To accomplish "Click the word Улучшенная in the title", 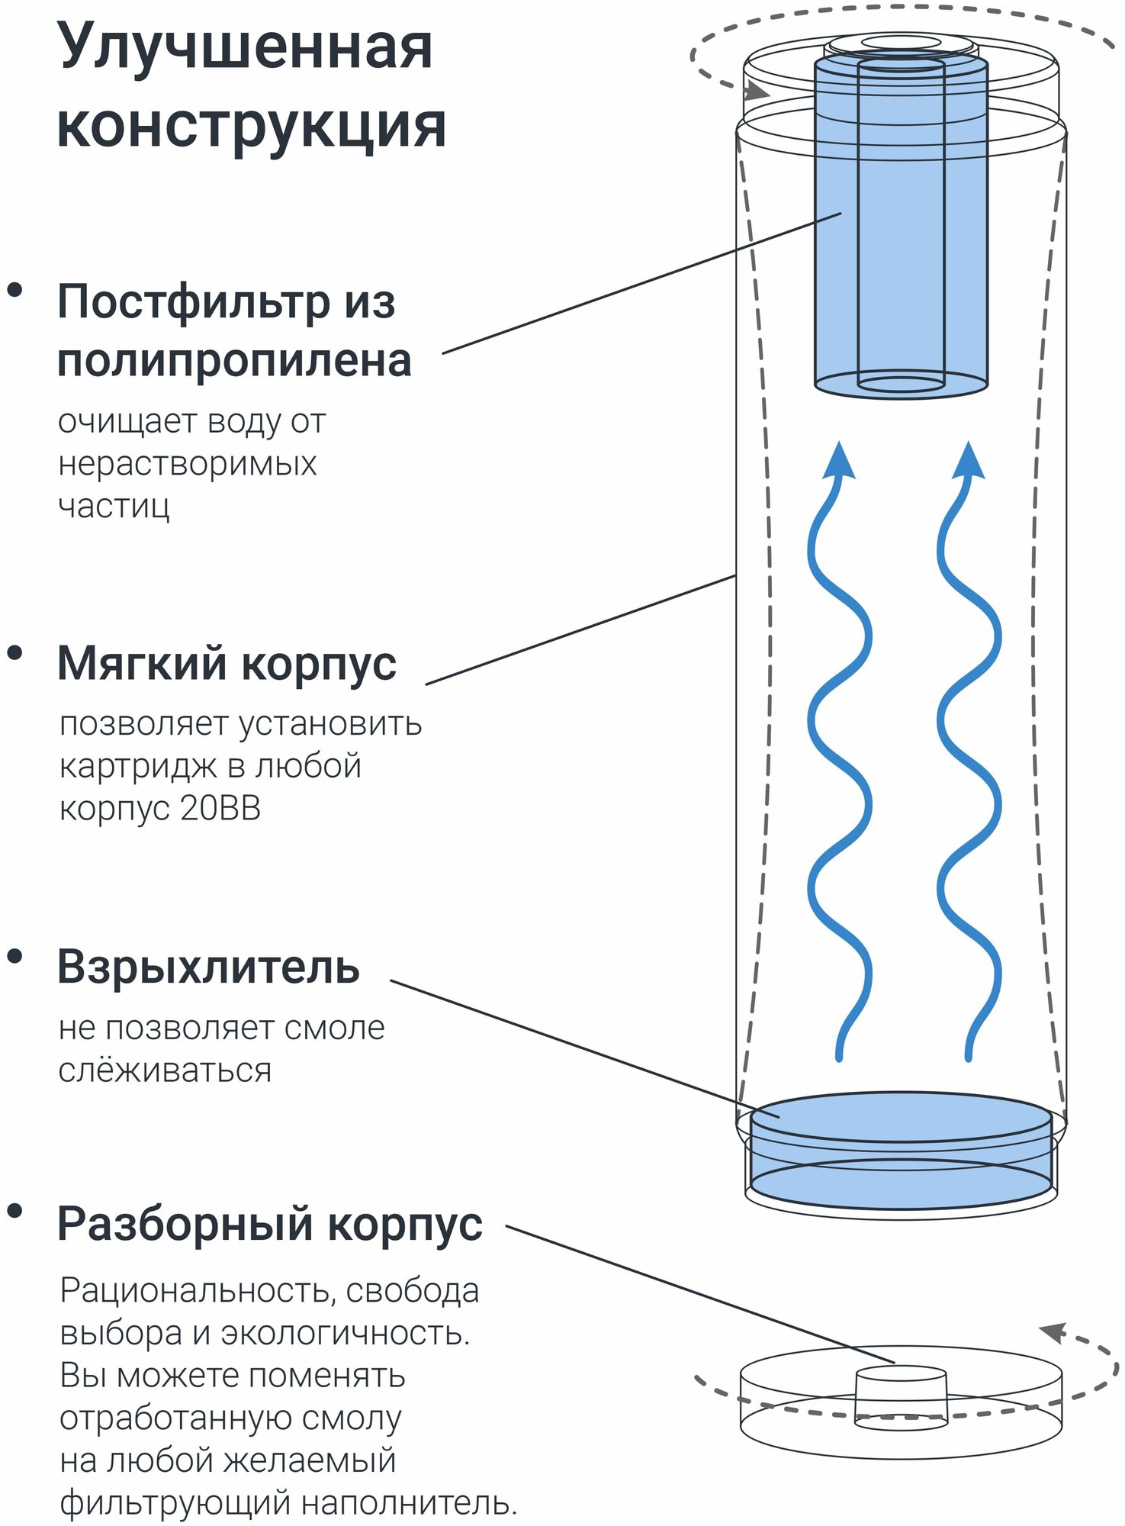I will click(245, 47).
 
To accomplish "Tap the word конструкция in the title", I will click(251, 126).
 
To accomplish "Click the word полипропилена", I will click(234, 360).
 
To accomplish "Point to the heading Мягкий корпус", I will click(227, 663).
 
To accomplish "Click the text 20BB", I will click(221, 808).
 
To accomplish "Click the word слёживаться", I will click(165, 1070).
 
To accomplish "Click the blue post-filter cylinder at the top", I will click(901, 229).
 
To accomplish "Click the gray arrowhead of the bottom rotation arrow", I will click(1053, 1333).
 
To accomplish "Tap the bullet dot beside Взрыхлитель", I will click(14, 957).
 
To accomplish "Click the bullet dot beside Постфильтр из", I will click(14, 290).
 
